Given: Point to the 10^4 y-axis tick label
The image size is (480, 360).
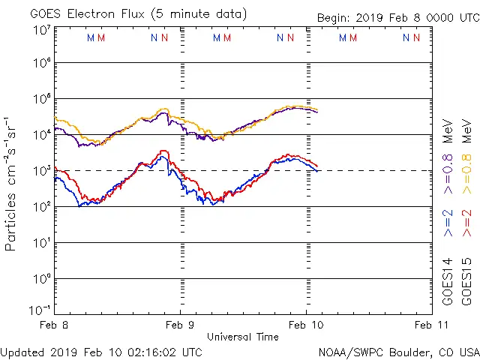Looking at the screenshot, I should point(41,134).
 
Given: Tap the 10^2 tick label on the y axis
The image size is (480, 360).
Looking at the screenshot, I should point(41,206).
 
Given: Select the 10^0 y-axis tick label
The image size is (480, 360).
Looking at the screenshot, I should point(41,278).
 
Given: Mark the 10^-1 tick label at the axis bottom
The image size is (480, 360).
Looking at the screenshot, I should point(40,310).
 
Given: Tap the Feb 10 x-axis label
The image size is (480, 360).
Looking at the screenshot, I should point(306,325).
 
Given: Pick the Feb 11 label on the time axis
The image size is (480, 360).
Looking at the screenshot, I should point(431,325).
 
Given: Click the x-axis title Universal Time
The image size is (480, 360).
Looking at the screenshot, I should point(243,337).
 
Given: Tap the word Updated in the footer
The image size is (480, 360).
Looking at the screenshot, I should point(21,352).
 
